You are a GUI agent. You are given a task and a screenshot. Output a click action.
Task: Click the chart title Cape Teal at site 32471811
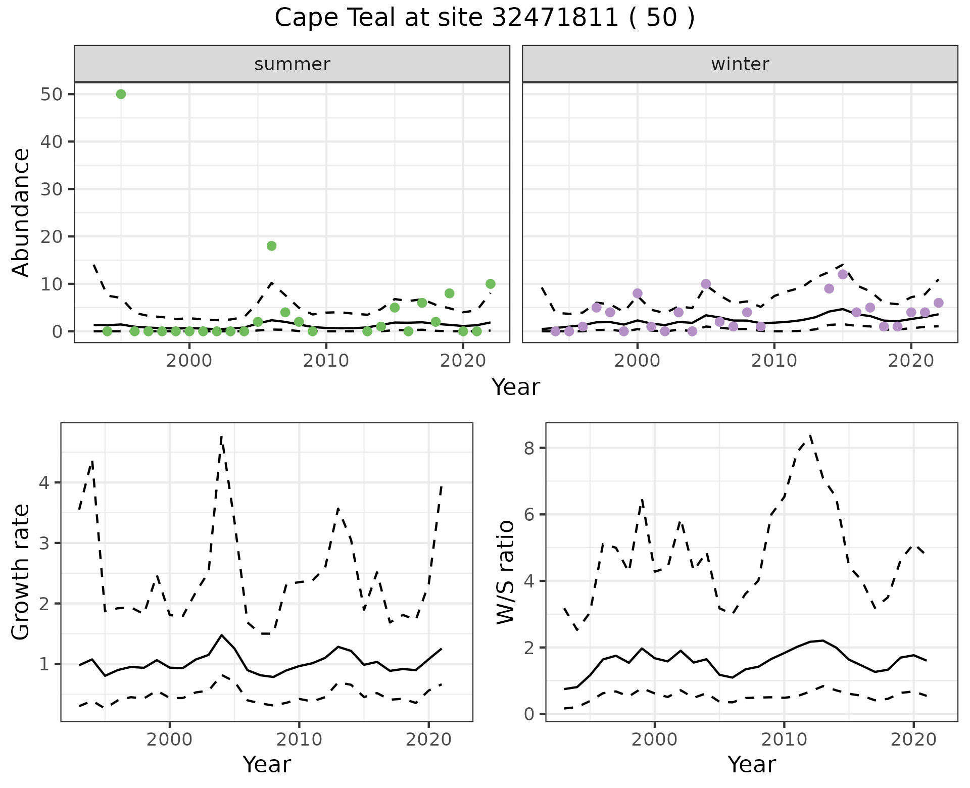[484, 19]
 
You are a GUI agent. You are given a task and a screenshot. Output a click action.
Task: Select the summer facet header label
[292, 64]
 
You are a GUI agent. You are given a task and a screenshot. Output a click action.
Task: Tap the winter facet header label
[740, 64]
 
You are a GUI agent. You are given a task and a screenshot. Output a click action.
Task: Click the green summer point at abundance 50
[121, 94]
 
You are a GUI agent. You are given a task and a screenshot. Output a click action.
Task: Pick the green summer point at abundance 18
[271, 246]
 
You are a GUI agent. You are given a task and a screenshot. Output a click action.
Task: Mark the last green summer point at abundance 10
[490, 284]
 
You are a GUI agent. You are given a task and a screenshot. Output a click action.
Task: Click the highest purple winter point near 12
[843, 274]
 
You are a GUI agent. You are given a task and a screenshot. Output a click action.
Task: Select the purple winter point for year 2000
[638, 293]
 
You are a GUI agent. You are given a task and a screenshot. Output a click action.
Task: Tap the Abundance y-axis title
[21, 212]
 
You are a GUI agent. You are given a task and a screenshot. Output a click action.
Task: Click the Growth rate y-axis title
[21, 572]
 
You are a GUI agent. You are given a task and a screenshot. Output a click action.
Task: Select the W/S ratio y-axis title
[505, 572]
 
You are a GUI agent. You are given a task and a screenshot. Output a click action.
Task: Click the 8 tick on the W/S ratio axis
[530, 448]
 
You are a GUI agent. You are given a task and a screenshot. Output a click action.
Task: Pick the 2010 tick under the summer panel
[326, 361]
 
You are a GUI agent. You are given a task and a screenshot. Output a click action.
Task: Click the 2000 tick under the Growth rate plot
[170, 740]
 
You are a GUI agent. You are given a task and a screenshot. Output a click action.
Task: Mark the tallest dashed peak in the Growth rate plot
[221, 436]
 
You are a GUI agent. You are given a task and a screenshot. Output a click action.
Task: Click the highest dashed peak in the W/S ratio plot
[810, 435]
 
